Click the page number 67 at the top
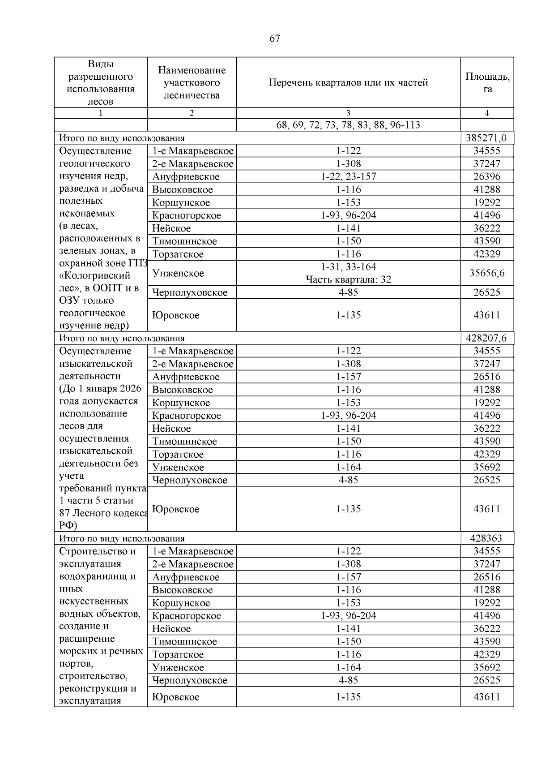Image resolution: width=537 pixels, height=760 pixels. pyautogui.click(x=274, y=39)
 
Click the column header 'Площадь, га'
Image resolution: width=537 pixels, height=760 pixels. pyautogui.click(x=487, y=82)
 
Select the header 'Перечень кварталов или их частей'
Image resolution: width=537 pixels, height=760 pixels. pyautogui.click(x=348, y=82)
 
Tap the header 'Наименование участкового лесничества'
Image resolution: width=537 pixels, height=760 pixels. pyautogui.click(x=192, y=82)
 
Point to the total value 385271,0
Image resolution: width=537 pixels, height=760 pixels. pyautogui.click(x=487, y=138)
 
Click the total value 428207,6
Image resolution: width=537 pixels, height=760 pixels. pyautogui.click(x=487, y=338)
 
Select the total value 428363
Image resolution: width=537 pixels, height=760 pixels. pyautogui.click(x=487, y=538)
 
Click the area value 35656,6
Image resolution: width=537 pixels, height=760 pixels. pyautogui.click(x=487, y=273)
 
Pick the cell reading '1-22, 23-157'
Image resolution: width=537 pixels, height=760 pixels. pyautogui.click(x=348, y=176)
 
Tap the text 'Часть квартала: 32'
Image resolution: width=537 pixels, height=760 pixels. pyautogui.click(x=348, y=280)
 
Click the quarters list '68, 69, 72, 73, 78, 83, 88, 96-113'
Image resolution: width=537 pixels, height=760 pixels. pyautogui.click(x=348, y=125)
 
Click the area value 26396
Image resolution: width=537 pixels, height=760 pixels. pyautogui.click(x=487, y=176)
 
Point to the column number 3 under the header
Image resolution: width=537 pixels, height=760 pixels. pyautogui.click(x=348, y=113)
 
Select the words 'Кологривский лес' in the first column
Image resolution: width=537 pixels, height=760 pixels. pyautogui.click(x=96, y=281)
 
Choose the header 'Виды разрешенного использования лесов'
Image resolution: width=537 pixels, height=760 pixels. pyautogui.click(x=101, y=82)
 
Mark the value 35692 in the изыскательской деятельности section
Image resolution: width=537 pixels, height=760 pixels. pyautogui.click(x=487, y=467)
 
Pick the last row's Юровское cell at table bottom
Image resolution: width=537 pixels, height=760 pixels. pyautogui.click(x=176, y=697)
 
